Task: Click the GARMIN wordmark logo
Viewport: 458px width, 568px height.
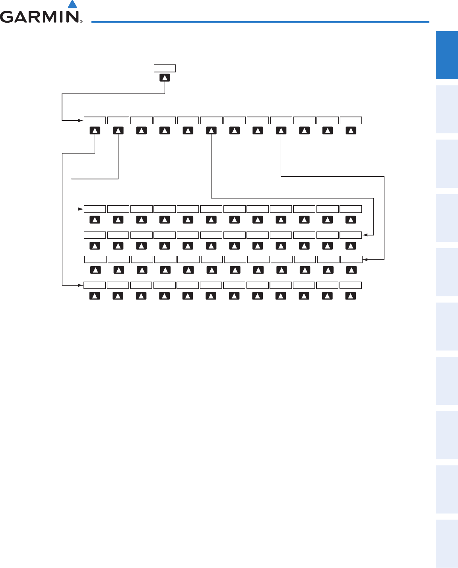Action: point(40,17)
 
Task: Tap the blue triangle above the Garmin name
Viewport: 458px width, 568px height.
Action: point(72,4)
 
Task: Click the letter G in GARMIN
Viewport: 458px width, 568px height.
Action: point(8,17)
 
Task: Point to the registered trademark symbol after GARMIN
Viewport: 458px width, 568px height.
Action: point(81,21)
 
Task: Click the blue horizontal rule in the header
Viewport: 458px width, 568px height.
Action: point(260,21)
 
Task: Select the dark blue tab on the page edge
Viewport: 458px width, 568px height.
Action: point(447,55)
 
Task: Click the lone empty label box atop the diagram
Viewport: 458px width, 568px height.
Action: point(165,68)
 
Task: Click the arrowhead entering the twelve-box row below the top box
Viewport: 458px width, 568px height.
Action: point(82,120)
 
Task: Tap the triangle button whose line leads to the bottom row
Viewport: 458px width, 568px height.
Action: point(95,130)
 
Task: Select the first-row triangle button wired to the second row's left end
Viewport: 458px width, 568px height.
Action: point(118,130)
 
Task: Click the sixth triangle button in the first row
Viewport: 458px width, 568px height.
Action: point(211,130)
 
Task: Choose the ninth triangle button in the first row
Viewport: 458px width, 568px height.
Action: point(281,130)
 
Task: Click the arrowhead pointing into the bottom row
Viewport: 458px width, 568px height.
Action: point(82,285)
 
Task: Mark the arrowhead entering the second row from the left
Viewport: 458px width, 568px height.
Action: point(82,208)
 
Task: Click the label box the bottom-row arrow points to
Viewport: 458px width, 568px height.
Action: point(95,285)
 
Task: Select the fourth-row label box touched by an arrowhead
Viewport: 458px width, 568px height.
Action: point(351,259)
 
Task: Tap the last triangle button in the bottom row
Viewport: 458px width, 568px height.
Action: point(350,296)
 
